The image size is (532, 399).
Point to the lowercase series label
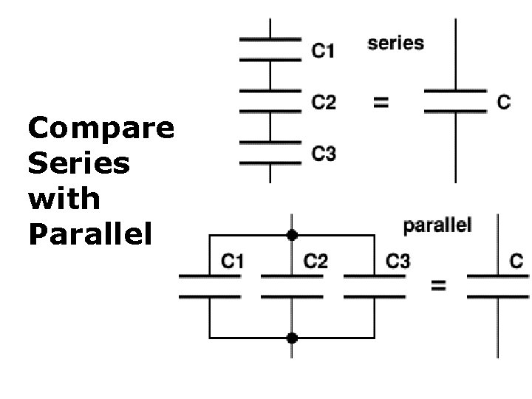(396, 43)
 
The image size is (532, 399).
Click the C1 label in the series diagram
(323, 51)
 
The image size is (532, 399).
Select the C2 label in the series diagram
(324, 102)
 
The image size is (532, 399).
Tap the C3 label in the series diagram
(324, 154)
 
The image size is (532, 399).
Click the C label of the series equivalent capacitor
(503, 102)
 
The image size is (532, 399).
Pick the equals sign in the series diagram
(381, 103)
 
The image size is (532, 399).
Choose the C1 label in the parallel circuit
(233, 261)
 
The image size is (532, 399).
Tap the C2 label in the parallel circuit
(316, 261)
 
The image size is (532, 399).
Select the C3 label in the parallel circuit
(398, 261)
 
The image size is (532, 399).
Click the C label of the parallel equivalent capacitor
(516, 260)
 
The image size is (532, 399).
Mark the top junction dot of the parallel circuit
(292, 235)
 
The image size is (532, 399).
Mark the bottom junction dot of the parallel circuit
(292, 338)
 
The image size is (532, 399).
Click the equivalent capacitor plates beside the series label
(455, 102)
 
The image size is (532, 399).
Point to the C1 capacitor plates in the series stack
(270, 47)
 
